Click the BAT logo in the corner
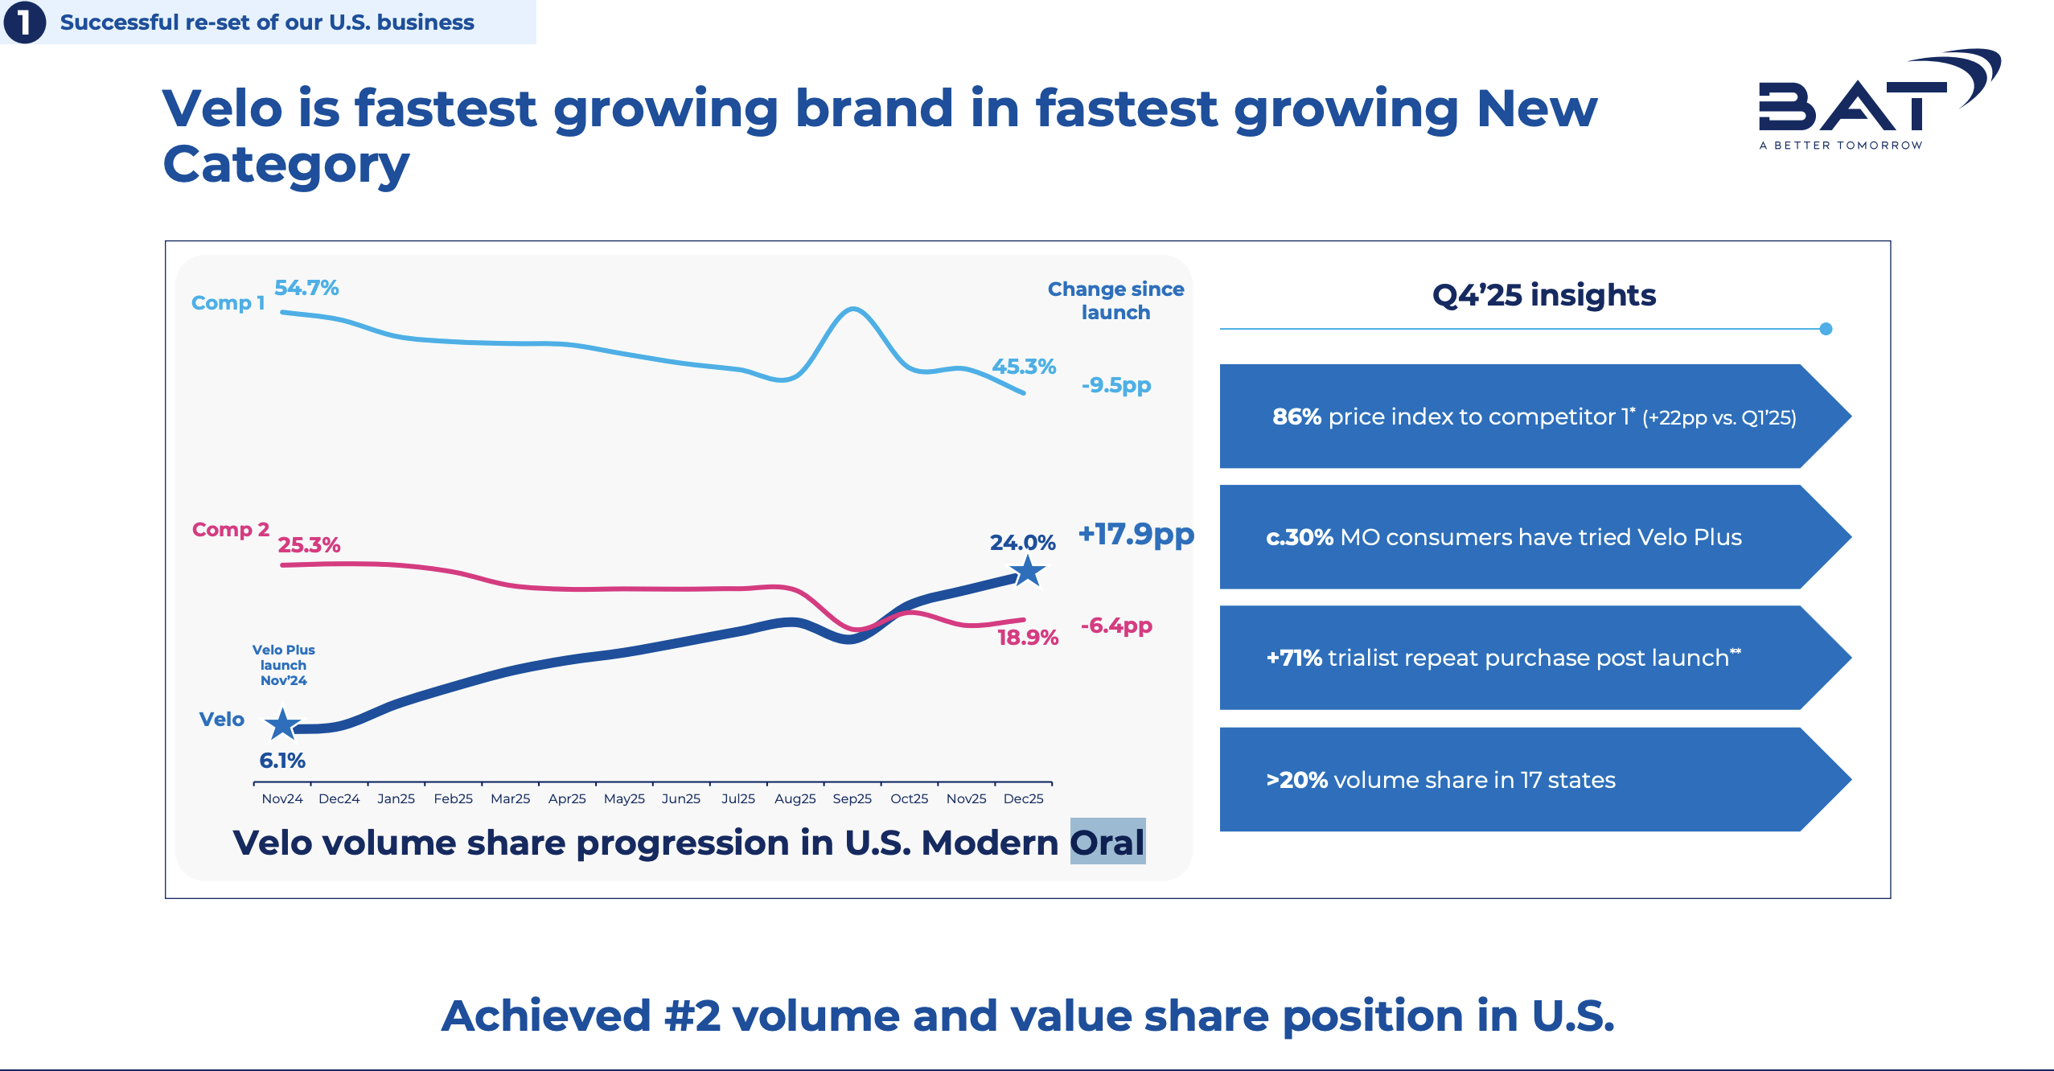[x=1879, y=99]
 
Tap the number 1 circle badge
[x=24, y=22]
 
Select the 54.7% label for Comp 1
[x=306, y=288]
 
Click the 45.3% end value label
[x=1024, y=367]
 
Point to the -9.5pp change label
[x=1116, y=385]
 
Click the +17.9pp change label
[x=1136, y=534]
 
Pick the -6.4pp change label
[x=1116, y=626]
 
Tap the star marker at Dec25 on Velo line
[x=1027, y=572]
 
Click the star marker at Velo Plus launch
[x=282, y=724]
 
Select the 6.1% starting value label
[x=282, y=761]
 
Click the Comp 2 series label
[x=230, y=530]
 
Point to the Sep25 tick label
[x=852, y=798]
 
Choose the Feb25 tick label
[x=453, y=798]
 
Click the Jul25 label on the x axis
[x=737, y=798]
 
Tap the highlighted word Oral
[x=1107, y=842]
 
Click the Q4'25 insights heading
[x=1544, y=295]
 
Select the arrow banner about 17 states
[x=1535, y=779]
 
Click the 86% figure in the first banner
[x=1296, y=416]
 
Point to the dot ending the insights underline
[x=1826, y=329]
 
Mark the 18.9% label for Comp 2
[x=1028, y=638]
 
